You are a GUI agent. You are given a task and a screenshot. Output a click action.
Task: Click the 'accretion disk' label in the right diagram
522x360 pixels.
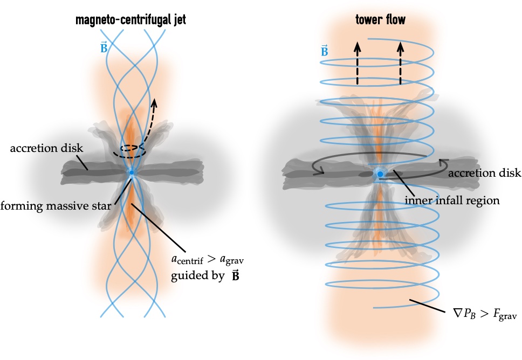(x=484, y=174)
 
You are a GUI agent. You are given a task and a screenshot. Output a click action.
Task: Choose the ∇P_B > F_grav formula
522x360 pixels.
(x=477, y=315)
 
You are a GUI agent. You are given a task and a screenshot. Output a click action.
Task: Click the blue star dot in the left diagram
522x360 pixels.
(x=132, y=172)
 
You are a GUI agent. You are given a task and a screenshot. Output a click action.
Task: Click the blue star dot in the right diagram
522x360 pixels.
(x=380, y=174)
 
